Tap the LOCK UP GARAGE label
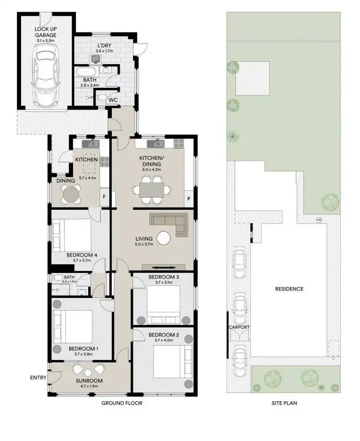(x=46, y=32)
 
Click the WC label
(x=113, y=100)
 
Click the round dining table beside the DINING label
(x=71, y=194)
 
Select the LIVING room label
(x=144, y=238)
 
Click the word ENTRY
(x=37, y=378)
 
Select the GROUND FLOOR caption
(x=121, y=403)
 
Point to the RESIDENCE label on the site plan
(x=289, y=289)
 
